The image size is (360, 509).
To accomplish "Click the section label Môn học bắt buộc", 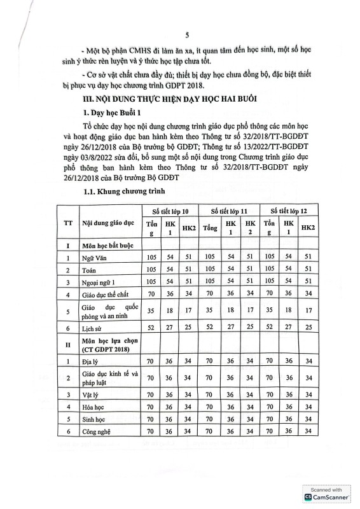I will [109, 245].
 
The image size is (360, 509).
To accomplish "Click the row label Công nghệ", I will [96, 433].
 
